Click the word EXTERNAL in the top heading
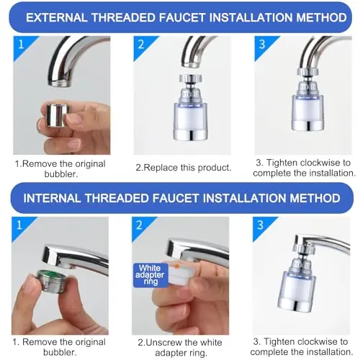pyautogui.click(x=57, y=18)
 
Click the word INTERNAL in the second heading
pyautogui.click(x=52, y=198)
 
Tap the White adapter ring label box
pyautogui.click(x=150, y=275)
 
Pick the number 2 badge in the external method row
pyautogui.click(x=141, y=45)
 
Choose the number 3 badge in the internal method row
pyautogui.click(x=261, y=225)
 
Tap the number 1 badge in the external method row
pyautogui.click(x=21, y=45)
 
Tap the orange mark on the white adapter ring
pyautogui.click(x=176, y=266)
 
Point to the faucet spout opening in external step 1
pyautogui.click(x=59, y=84)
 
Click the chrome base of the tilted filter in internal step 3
pyautogui.click(x=295, y=305)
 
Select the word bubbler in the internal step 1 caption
pyautogui.click(x=60, y=352)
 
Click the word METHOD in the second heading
pyautogui.click(x=315, y=198)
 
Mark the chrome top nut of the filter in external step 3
pyautogui.click(x=308, y=72)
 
